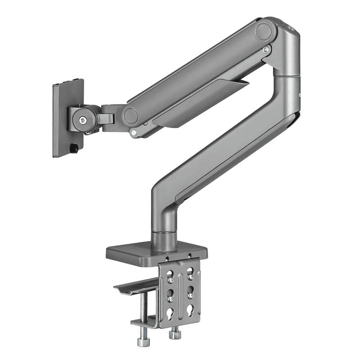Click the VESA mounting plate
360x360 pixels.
click(67, 118)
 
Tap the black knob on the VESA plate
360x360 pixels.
click(74, 148)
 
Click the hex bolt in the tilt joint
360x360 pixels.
click(82, 119)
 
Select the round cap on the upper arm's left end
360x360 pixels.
click(131, 116)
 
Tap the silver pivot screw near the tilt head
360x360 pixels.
click(134, 133)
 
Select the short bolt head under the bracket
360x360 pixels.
click(174, 333)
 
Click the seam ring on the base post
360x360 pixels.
click(164, 232)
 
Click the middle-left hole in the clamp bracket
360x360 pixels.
click(171, 293)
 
